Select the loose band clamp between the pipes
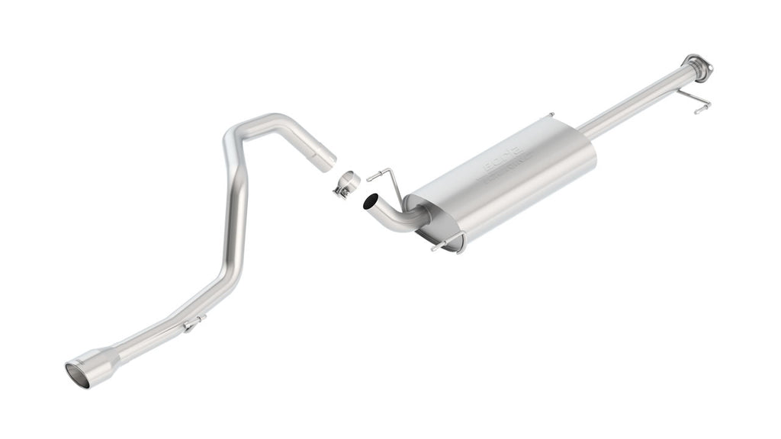click(x=346, y=184)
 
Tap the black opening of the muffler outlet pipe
click(x=371, y=202)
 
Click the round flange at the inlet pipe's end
click(x=697, y=67)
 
